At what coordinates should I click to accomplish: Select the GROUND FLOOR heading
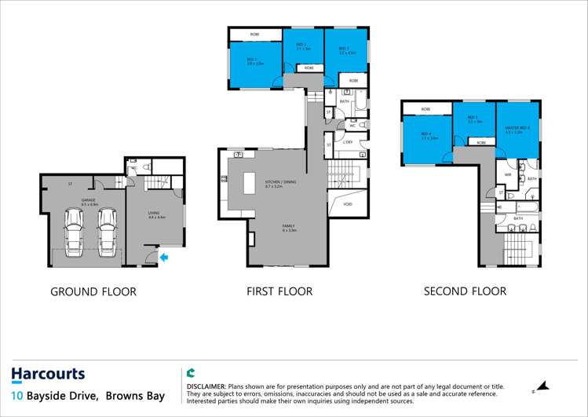tap(93, 292)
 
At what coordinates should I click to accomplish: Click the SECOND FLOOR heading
tap(465, 291)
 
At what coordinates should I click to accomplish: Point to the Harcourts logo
tap(48, 375)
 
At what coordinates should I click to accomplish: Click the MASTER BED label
tap(517, 129)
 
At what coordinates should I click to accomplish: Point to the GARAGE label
tap(77, 202)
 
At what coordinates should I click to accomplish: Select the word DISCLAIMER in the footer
tap(206, 386)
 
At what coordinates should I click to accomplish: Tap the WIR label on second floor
tap(508, 174)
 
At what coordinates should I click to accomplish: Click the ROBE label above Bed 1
tap(255, 34)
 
